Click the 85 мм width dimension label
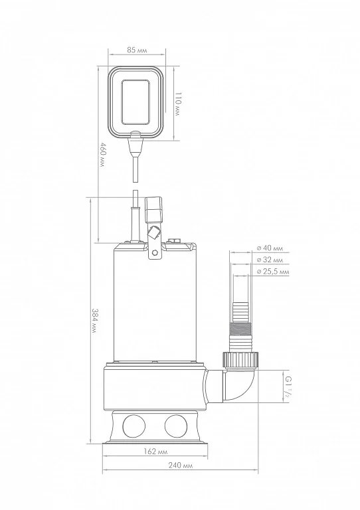pyautogui.click(x=137, y=50)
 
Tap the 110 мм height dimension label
pyautogui.click(x=177, y=104)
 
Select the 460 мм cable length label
pyautogui.click(x=102, y=155)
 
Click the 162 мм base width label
pyautogui.click(x=156, y=452)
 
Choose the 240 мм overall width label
pyautogui.click(x=181, y=466)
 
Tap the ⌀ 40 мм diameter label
pyautogui.click(x=270, y=248)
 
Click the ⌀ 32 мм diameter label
pyautogui.click(x=270, y=260)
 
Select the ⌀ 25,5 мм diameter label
pyautogui.click(x=272, y=272)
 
